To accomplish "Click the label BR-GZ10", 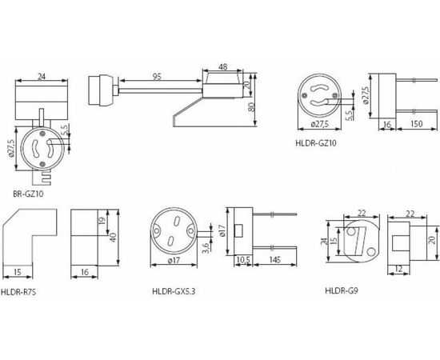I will point(29,194).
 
